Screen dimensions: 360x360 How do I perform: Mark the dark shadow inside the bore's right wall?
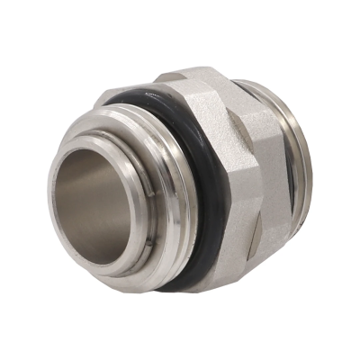[126, 198]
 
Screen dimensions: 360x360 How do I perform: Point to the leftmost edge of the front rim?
[50, 193]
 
